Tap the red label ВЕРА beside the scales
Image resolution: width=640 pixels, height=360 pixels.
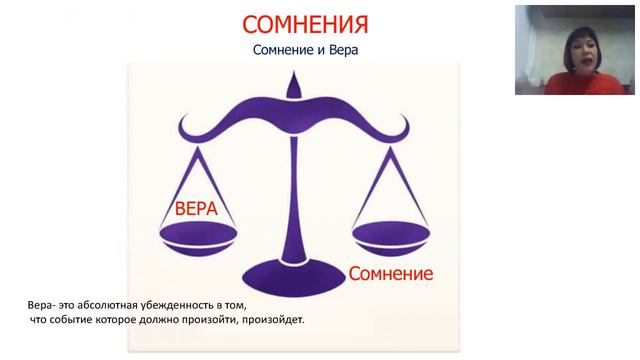click(x=197, y=209)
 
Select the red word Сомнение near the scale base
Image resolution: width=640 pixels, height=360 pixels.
click(x=390, y=272)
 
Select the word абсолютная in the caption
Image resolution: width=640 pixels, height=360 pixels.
click(x=122, y=306)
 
